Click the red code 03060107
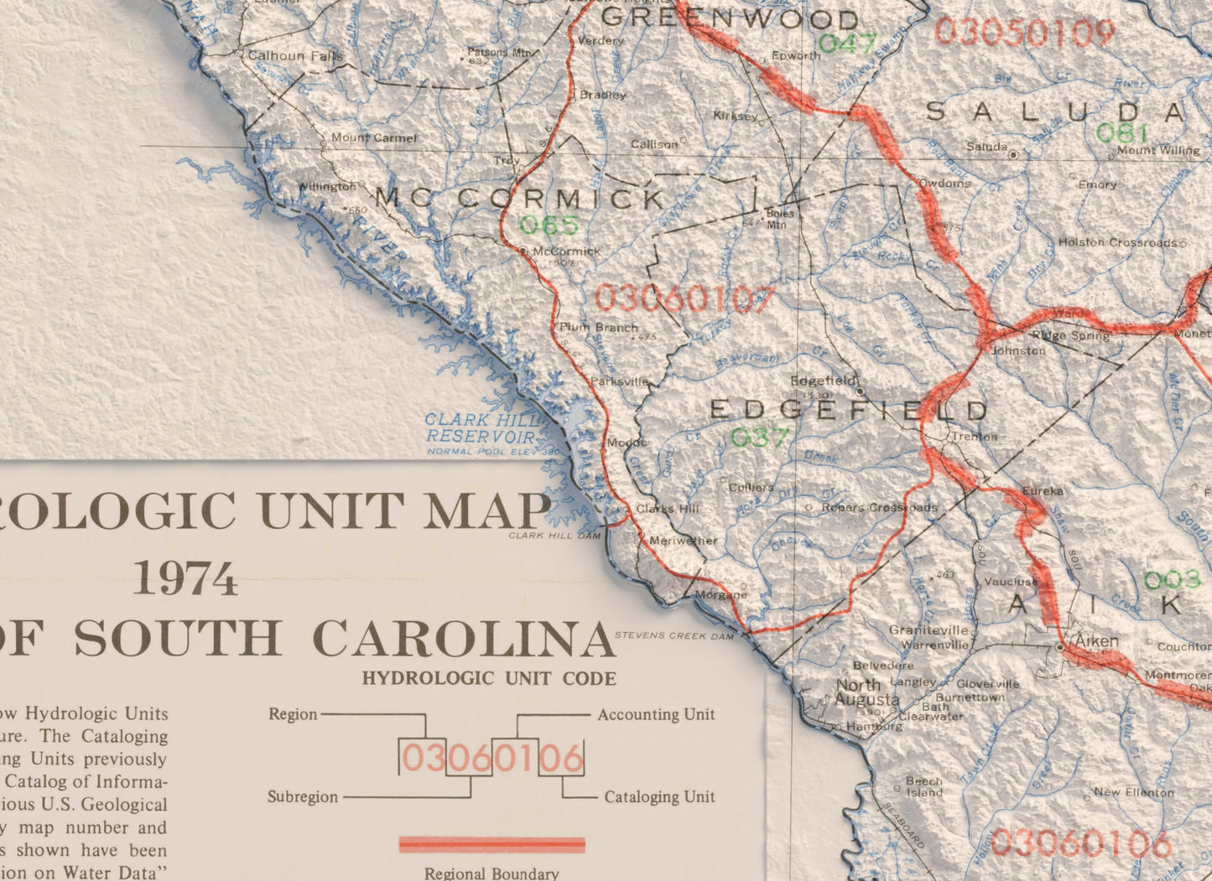[684, 299]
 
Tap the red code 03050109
[1024, 33]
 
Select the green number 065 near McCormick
[549, 225]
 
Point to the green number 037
[760, 438]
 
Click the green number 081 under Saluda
[1121, 133]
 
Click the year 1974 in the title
[185, 579]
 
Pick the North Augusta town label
[867, 692]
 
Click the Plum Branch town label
[599, 328]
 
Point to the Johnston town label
[1018, 351]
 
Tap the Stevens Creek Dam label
[674, 635]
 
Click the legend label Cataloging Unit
[659, 796]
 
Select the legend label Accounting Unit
[656, 714]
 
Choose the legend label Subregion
[303, 796]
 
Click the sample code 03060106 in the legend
[492, 759]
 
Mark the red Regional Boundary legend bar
[492, 844]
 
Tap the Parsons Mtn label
[500, 52]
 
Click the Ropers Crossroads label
[879, 507]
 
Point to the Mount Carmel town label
[373, 137]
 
